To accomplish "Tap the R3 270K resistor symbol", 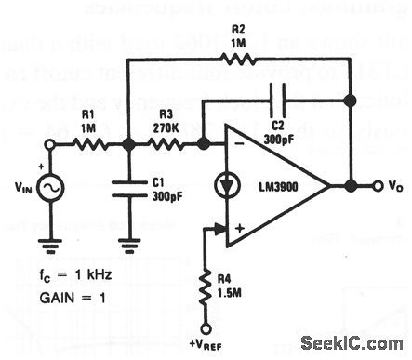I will (x=168, y=144).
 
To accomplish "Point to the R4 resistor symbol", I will (x=205, y=293).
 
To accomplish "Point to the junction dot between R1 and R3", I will (x=129, y=144).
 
